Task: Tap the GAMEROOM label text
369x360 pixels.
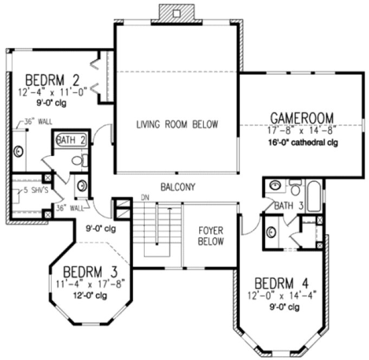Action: click(302, 118)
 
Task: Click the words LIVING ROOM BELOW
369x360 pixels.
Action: click(177, 125)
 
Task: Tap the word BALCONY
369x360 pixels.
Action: click(177, 187)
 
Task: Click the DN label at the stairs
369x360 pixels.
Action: click(145, 197)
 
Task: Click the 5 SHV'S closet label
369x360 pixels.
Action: click(25, 190)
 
